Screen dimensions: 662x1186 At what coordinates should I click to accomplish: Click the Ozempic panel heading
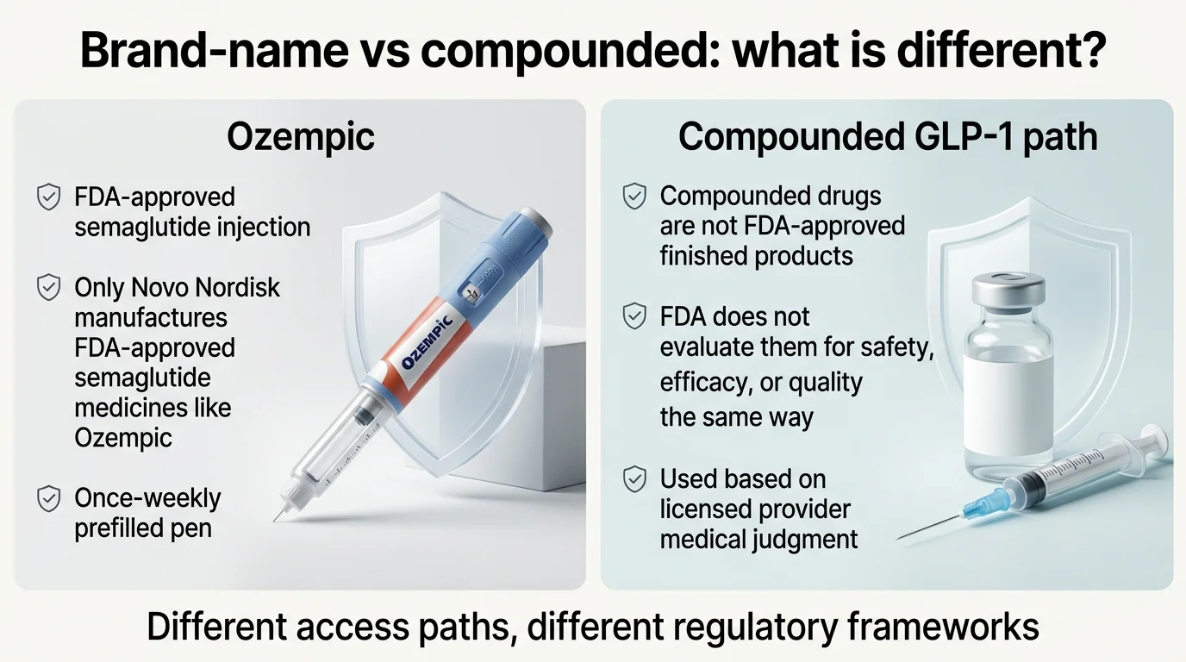[x=301, y=137]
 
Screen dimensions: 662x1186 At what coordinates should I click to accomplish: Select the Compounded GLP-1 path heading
[x=888, y=137]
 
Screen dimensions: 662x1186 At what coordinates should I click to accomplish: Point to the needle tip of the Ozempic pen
[x=277, y=519]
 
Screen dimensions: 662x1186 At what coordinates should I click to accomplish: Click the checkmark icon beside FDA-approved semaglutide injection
[x=48, y=197]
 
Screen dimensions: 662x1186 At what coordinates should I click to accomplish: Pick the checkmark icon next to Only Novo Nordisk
[x=48, y=287]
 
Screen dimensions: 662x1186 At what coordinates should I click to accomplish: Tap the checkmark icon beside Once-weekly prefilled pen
[x=48, y=498]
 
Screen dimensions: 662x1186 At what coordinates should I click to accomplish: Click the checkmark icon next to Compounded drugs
[x=634, y=197]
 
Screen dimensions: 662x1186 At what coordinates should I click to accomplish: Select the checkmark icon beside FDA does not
[x=634, y=316]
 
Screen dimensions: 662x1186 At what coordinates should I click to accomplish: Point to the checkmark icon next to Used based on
[x=634, y=478]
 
